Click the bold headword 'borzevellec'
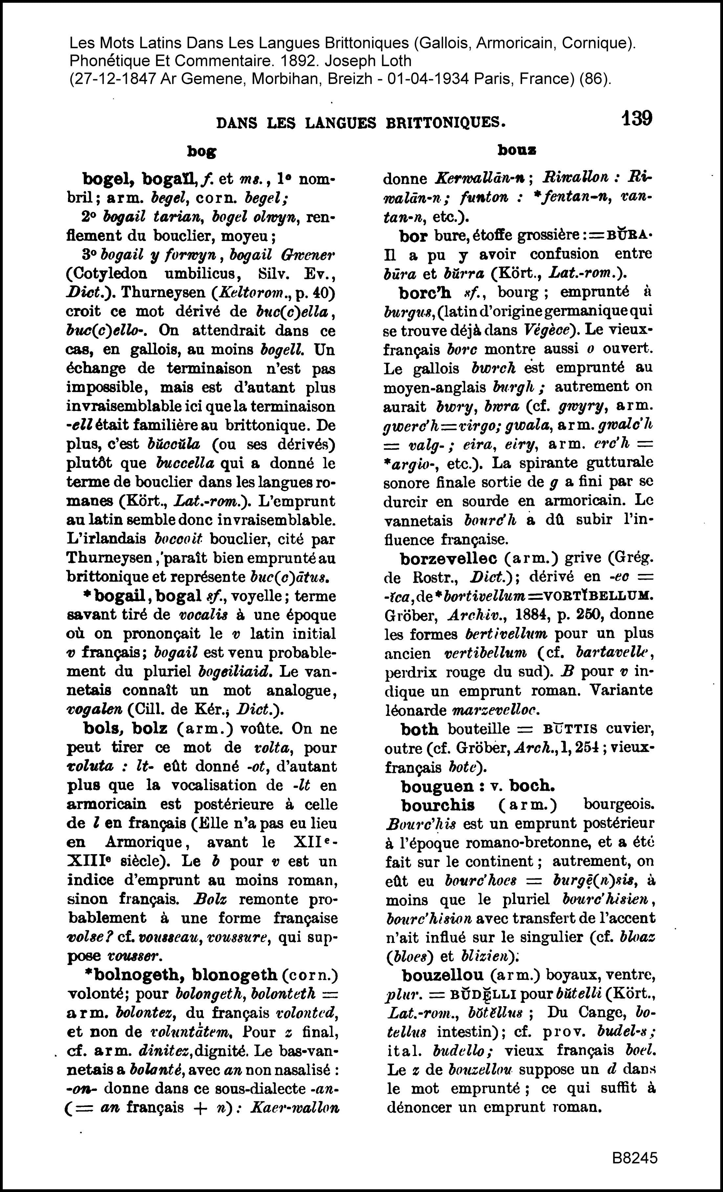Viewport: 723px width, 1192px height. coord(448,558)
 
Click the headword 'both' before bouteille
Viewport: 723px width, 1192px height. coord(419,729)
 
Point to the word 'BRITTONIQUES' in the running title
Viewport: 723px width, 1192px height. coord(445,122)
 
